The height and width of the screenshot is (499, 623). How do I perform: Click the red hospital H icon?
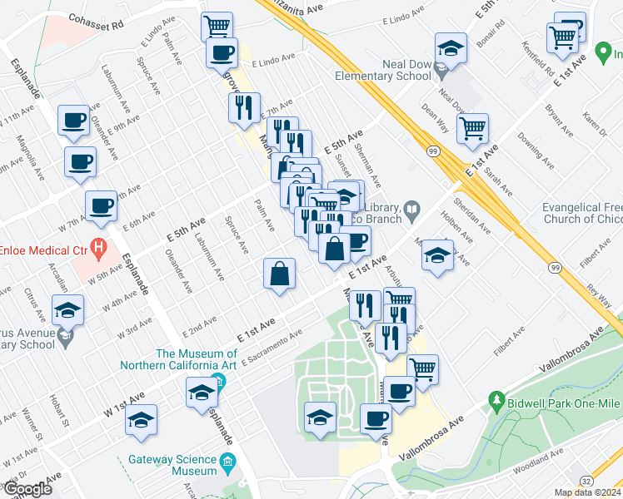[99, 248]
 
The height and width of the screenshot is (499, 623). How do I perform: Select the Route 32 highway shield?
[586, 481]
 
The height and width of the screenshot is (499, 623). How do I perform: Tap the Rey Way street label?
[598, 295]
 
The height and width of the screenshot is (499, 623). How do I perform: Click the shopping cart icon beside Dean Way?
[473, 127]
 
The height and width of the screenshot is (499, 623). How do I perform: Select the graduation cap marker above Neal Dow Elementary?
[451, 47]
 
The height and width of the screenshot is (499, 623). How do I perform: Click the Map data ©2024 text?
[587, 492]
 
